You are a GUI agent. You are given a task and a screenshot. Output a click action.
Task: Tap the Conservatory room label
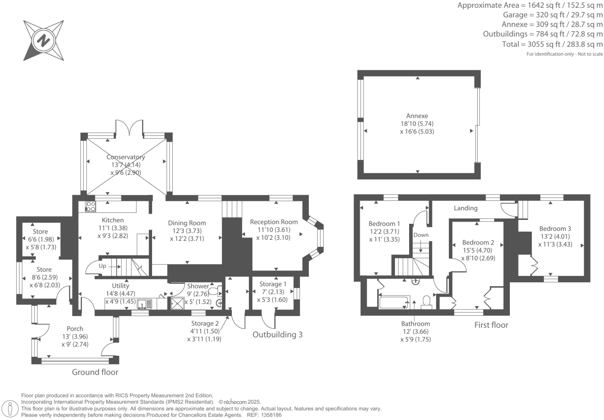coord(126,157)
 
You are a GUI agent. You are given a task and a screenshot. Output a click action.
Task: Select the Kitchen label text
coord(113,220)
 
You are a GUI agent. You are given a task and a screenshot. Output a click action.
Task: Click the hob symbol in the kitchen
coord(91,207)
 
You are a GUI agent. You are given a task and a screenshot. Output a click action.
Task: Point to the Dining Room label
coord(187,223)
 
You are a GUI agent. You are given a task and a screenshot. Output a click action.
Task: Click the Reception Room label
coord(274,222)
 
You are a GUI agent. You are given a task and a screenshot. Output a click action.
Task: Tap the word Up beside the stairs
coord(102,266)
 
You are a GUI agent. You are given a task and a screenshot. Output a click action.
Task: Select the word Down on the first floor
coord(421,235)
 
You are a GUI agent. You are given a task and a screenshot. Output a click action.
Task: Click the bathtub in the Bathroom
coord(394,302)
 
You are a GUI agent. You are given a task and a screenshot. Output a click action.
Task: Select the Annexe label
coord(417,116)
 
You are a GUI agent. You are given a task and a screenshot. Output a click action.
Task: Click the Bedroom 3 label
coord(555,229)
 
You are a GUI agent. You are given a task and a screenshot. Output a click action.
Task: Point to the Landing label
coord(466,208)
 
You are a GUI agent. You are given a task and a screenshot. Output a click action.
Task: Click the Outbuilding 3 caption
coord(277,334)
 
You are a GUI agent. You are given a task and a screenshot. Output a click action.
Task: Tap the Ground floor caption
coord(95,372)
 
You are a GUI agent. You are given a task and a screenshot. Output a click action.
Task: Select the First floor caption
coord(491,325)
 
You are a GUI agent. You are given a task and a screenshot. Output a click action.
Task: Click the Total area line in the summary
coord(552,44)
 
